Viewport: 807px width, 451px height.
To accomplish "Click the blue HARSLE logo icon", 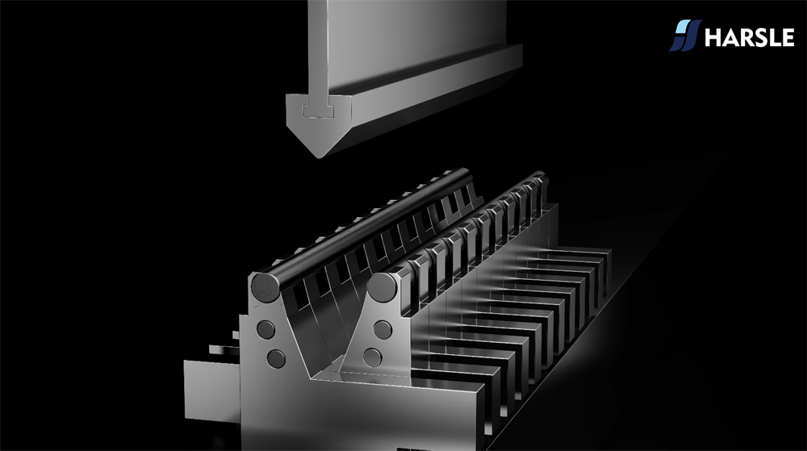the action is [x=685, y=35].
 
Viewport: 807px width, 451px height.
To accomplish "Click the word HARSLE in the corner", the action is [x=750, y=38].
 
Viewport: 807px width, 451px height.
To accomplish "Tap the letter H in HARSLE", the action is [x=713, y=38].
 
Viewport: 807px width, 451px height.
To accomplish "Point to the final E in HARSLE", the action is [x=788, y=38].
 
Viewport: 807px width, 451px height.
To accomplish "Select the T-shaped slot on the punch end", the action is [x=319, y=110].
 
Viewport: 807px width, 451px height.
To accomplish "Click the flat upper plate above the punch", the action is [x=407, y=41].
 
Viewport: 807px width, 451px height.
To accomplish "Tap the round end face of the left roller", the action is [x=266, y=287].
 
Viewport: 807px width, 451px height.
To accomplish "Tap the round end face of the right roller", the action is [x=382, y=287].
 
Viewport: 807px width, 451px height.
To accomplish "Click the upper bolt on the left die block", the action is [x=266, y=329].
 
